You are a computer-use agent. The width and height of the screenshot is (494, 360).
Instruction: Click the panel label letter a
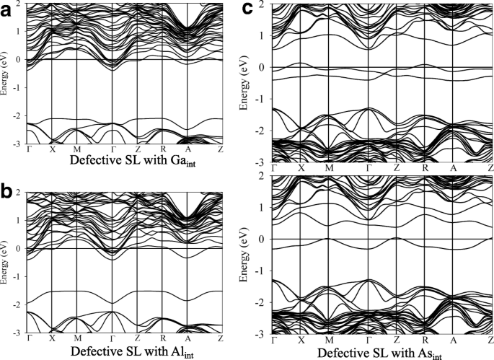10,9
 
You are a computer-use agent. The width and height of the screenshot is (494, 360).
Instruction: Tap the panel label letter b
10,192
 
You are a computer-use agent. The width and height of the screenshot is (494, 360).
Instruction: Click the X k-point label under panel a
52,150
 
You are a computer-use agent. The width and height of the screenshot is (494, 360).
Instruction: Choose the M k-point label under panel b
76,338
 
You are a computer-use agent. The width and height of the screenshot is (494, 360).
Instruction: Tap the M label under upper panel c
329,167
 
